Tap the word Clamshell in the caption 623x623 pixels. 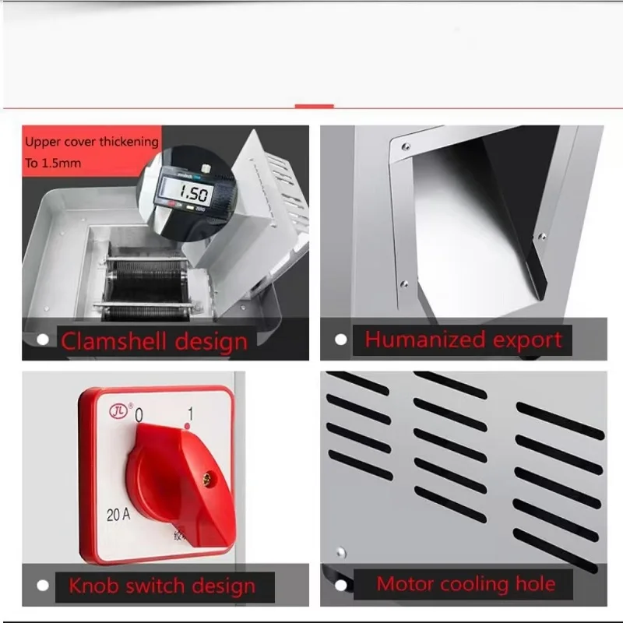point(112,341)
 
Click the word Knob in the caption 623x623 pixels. point(92,586)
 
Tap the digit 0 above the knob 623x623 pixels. point(139,417)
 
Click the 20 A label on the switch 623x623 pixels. point(118,513)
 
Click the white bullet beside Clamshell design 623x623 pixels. point(44,340)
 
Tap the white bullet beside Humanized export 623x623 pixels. point(340,340)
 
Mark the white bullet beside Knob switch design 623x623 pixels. point(44,585)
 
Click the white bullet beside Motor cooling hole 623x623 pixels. point(340,584)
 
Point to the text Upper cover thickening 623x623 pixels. point(91,143)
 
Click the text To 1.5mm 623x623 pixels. point(53,164)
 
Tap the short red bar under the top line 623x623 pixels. point(315,106)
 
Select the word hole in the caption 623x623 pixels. point(533,584)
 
